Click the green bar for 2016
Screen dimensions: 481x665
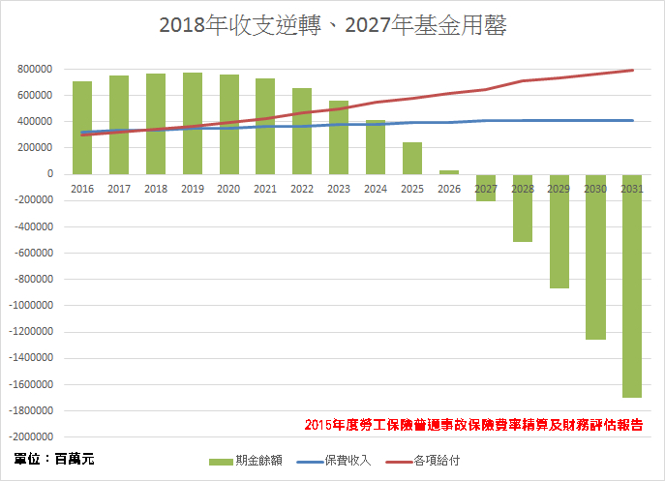pyautogui.click(x=82, y=128)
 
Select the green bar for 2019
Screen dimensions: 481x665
pyautogui.click(x=193, y=123)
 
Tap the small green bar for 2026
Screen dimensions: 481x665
pyautogui.click(x=449, y=172)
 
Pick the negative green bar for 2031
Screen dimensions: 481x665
pyautogui.click(x=632, y=286)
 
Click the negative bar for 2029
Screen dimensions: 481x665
pyautogui.click(x=559, y=231)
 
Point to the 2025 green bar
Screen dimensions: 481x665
pyautogui.click(x=412, y=159)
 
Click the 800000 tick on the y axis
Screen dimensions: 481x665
pyautogui.click(x=35, y=70)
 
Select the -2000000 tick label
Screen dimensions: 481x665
pyautogui.click(x=30, y=411)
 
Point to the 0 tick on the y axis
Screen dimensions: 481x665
pyautogui.click(x=49, y=174)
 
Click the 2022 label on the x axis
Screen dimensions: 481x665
pyautogui.click(x=302, y=189)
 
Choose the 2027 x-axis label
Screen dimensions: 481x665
pyautogui.click(x=485, y=189)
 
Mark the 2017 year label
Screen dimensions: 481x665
pyautogui.click(x=119, y=189)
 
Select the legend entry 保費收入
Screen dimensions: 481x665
pyautogui.click(x=344, y=460)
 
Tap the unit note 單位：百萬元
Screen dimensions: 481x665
pyautogui.click(x=54, y=458)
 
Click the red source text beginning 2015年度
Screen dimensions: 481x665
pyautogui.click(x=473, y=424)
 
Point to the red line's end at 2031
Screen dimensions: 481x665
pyautogui.click(x=632, y=70)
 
